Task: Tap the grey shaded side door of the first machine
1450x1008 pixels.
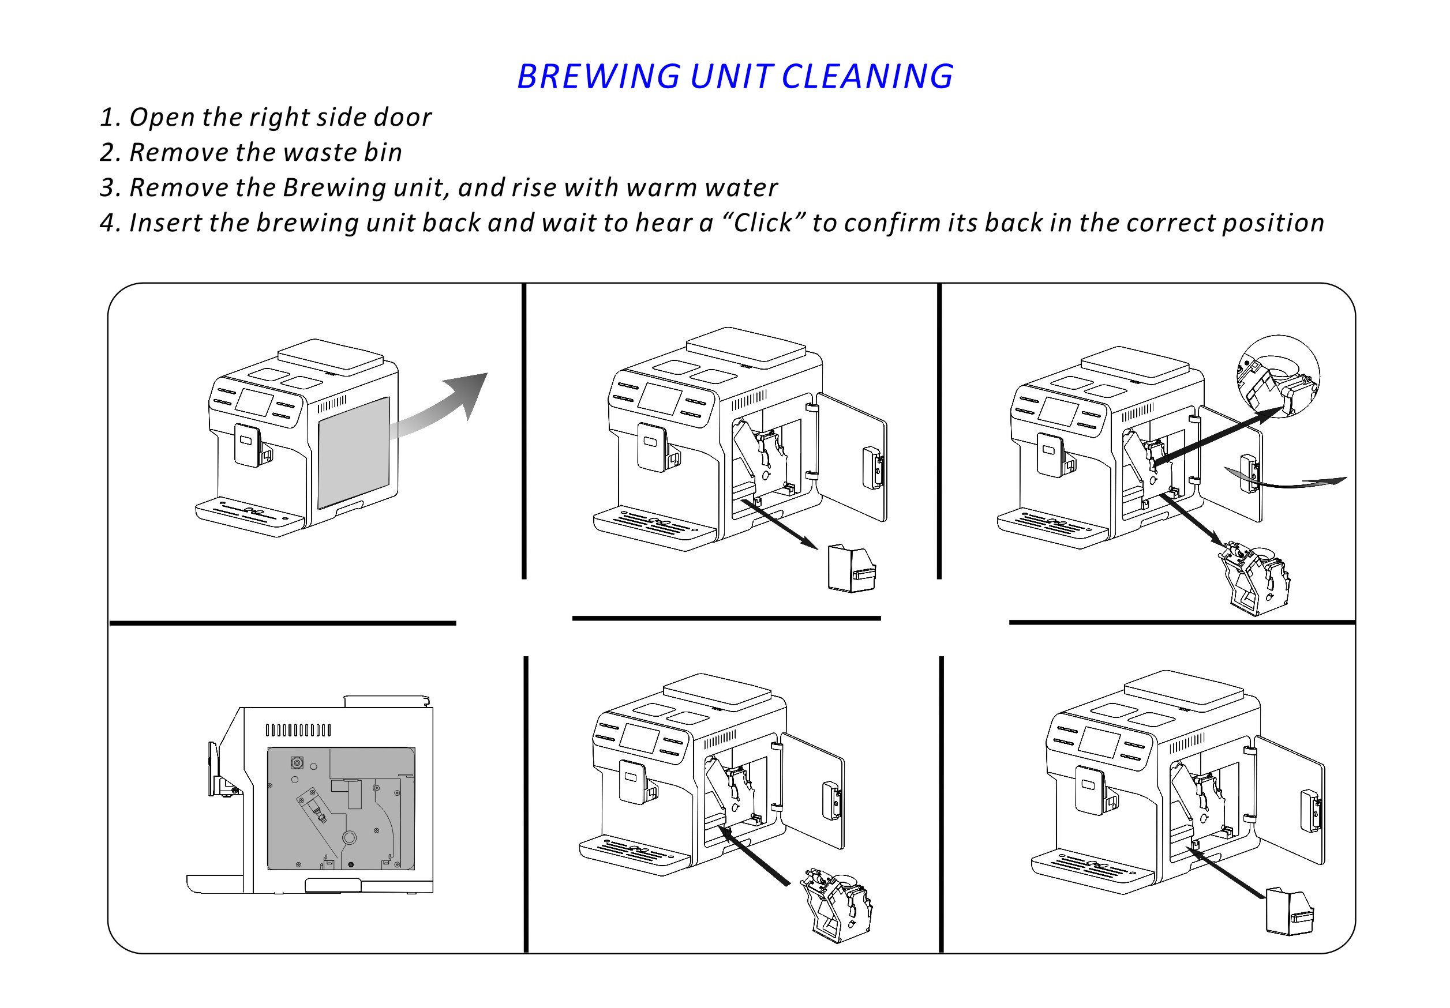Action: (x=353, y=452)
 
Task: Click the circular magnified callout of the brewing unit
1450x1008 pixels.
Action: (x=1277, y=376)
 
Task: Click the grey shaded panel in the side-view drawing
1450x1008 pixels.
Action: (x=340, y=808)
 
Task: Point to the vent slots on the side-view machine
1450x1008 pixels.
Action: (x=298, y=730)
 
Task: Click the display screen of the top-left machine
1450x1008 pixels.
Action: (x=254, y=402)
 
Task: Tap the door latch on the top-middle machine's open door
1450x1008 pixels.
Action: (x=873, y=468)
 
